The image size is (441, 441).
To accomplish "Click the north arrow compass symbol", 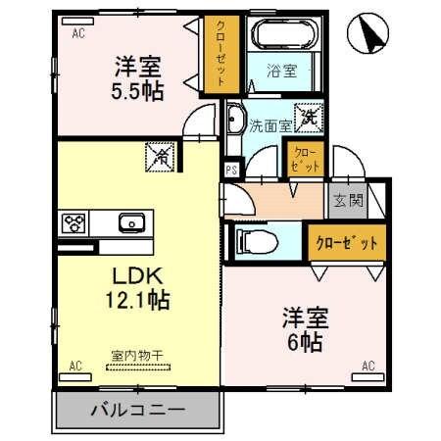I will point(369,36).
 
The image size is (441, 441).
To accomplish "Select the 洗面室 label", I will point(269,125).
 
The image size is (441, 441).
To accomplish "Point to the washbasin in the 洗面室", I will point(235,123).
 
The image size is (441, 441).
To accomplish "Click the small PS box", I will point(231,168).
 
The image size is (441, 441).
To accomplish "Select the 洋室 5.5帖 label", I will point(137,78).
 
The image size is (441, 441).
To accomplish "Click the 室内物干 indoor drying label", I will point(138,359).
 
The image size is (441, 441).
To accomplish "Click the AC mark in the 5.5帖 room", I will point(77,31).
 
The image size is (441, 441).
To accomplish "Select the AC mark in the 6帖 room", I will point(368,366).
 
